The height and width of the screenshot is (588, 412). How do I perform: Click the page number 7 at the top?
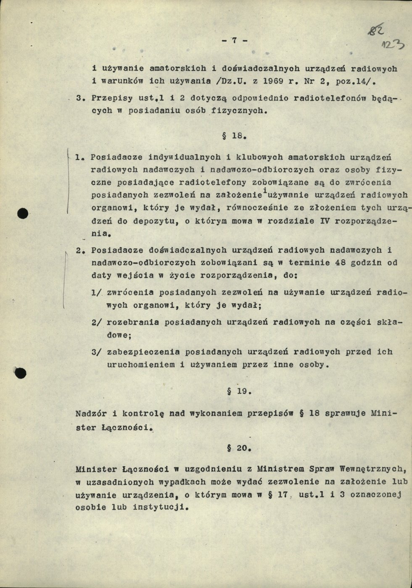click(234, 40)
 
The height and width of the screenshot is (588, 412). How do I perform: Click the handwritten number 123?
click(393, 45)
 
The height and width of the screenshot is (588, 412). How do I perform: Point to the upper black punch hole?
click(22, 213)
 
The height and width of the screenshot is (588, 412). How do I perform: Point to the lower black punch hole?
click(20, 372)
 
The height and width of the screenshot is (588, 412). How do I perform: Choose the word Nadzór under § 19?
click(90, 413)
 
